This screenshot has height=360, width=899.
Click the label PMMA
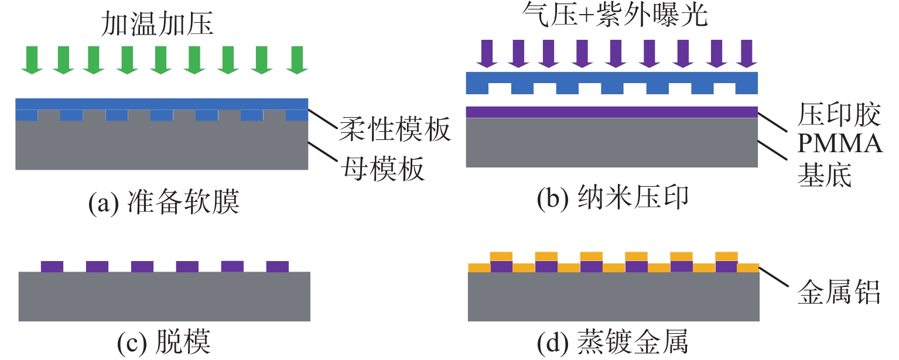(x=839, y=145)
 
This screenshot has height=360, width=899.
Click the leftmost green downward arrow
(x=32, y=60)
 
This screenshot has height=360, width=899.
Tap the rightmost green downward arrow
(x=298, y=60)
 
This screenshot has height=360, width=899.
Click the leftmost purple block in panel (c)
(x=52, y=266)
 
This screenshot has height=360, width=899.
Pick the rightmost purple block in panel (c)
(x=277, y=266)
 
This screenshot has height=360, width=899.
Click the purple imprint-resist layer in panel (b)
(x=611, y=112)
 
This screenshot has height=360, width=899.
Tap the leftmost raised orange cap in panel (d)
(x=501, y=256)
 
